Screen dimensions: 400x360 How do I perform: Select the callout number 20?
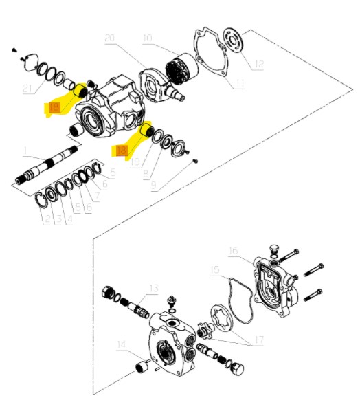click(x=109, y=39)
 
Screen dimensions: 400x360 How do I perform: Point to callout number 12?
click(x=258, y=65)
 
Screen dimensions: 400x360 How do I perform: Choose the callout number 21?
click(x=27, y=88)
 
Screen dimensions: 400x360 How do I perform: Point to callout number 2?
click(x=47, y=219)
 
